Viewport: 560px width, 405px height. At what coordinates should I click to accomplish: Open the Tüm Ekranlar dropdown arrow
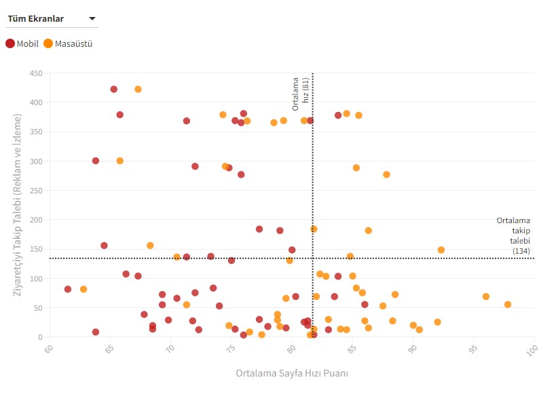92,19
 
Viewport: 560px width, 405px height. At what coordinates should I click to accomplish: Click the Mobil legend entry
22,44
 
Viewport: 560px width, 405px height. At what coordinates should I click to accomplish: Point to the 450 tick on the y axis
35,73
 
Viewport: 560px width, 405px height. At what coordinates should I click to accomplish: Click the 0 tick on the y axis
40,337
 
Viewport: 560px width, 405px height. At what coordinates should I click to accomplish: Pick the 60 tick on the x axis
49,349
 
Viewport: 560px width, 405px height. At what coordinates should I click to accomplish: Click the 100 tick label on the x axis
535,349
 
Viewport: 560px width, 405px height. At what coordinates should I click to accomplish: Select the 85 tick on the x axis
352,349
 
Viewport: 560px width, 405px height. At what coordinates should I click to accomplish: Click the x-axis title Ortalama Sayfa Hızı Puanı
292,373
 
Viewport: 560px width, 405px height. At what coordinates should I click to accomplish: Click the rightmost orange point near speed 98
508,305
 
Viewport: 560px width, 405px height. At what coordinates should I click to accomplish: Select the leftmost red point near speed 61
68,289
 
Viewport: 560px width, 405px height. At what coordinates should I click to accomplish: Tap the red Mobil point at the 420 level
114,90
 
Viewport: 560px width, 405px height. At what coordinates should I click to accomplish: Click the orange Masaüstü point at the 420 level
138,90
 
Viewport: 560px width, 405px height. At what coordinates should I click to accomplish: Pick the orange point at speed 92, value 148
441,250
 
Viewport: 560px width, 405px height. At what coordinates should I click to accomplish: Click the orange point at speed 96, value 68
486,296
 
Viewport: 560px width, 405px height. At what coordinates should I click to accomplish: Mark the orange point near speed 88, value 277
387,174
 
